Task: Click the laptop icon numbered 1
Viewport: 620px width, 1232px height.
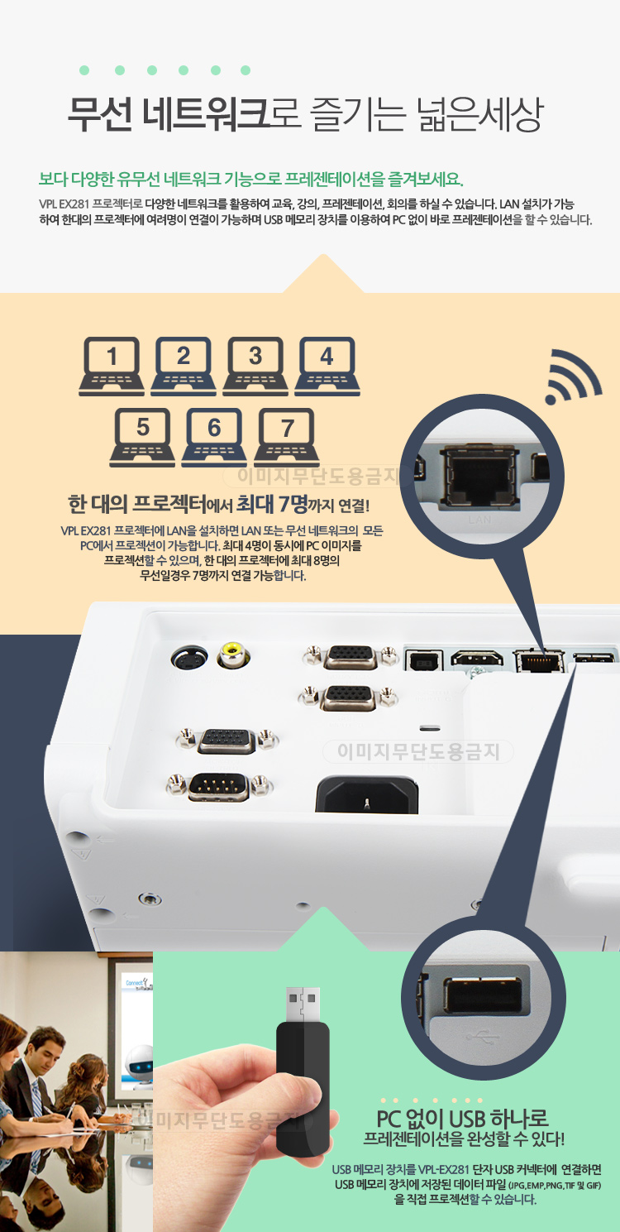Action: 112,366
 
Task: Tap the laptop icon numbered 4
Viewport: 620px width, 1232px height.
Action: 327,366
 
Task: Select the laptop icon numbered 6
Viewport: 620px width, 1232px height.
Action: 214,437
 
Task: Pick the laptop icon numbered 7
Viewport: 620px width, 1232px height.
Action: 286,437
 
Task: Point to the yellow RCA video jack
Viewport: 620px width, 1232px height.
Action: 233,654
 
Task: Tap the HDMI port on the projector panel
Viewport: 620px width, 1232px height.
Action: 476,658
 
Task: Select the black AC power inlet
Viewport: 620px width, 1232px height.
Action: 366,794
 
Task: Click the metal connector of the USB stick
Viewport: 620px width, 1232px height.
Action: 303,1004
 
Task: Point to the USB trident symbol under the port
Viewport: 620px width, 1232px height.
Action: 483,1038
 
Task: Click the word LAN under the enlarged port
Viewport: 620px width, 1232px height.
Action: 479,520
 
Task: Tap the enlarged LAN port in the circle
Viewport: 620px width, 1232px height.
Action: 479,477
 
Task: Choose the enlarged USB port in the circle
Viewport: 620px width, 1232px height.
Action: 482,996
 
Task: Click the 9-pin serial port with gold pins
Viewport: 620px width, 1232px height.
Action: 219,787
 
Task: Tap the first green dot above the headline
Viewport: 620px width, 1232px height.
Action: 84,70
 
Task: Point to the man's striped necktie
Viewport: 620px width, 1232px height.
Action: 37,1100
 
